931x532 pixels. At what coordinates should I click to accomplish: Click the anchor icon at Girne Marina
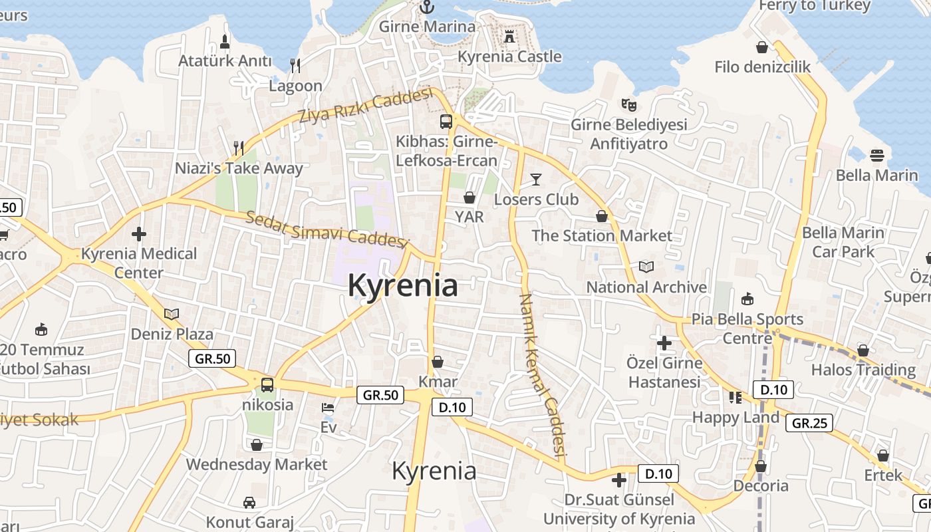tap(427, 7)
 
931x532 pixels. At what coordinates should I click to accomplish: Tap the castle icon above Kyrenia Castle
tap(509, 37)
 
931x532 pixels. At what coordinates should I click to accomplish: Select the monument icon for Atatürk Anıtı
tap(225, 41)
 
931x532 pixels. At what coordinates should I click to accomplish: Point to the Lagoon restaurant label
tap(295, 86)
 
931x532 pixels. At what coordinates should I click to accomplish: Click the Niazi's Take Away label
tap(239, 168)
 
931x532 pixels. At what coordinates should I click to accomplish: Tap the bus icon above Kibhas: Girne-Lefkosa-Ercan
tap(446, 122)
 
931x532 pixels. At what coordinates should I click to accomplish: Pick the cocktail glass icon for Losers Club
tap(536, 179)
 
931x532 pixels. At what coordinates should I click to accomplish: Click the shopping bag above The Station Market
tap(602, 216)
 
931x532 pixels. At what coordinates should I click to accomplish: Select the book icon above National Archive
tap(646, 267)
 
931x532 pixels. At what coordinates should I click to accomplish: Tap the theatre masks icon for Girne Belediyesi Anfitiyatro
tap(628, 104)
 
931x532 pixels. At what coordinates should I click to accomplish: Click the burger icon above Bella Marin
tap(876, 156)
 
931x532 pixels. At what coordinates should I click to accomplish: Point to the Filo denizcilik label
tap(763, 66)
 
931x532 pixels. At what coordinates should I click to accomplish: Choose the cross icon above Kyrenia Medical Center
tap(139, 234)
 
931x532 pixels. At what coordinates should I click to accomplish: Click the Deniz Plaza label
tap(172, 334)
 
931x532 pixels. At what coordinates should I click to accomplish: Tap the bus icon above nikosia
tap(267, 384)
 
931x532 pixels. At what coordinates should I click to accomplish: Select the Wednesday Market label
tap(257, 464)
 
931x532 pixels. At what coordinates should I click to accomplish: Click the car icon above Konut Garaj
tap(249, 502)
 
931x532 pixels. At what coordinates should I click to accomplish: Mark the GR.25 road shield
tap(809, 422)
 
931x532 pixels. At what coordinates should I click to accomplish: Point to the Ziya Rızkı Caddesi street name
tap(365, 106)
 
